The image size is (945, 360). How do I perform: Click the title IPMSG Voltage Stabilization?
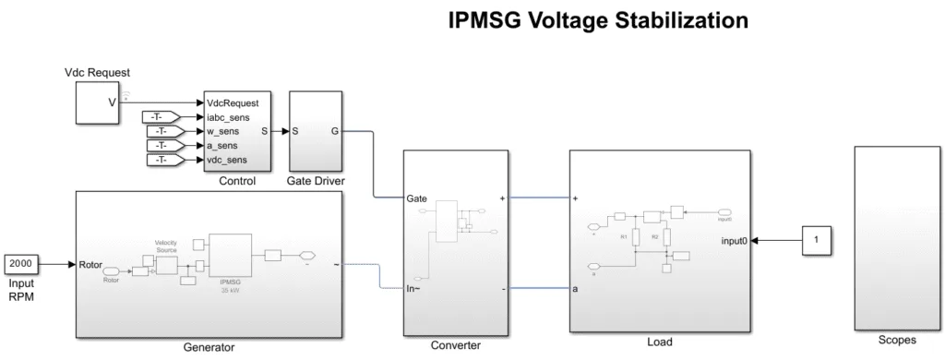[x=610, y=20]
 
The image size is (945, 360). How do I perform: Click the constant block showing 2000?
[x=24, y=263]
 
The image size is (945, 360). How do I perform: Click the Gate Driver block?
[x=316, y=131]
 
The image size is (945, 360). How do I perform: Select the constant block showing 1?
[x=816, y=241]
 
